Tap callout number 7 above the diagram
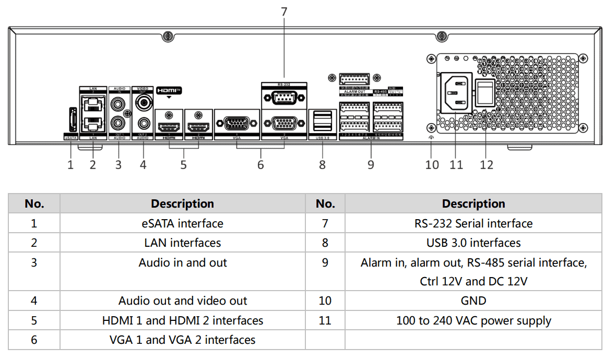[284, 11]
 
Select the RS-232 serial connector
[284, 98]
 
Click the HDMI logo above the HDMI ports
[168, 90]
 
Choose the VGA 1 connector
[236, 124]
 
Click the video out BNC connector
[143, 103]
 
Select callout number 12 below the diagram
[487, 165]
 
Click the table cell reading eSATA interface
[182, 223]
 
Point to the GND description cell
[473, 301]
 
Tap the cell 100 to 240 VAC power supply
[473, 320]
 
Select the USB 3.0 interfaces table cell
[473, 243]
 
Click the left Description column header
[182, 203]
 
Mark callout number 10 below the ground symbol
[432, 165]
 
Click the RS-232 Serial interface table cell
[473, 223]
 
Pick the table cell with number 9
[325, 262]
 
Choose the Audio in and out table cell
[182, 262]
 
